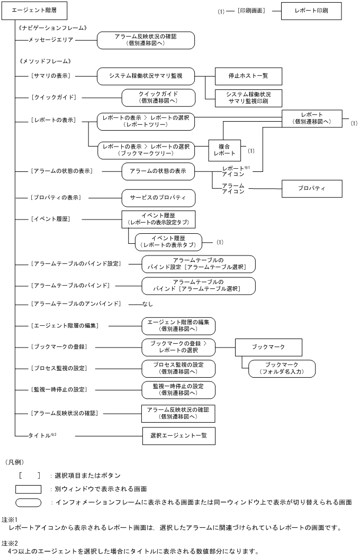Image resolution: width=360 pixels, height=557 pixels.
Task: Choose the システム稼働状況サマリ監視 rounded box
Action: pos(145,76)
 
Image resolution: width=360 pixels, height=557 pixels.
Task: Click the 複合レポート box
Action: pos(224,150)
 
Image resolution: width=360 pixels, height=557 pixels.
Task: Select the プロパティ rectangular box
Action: pos(311,188)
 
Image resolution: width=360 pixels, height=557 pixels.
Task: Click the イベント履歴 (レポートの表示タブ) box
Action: pos(168,242)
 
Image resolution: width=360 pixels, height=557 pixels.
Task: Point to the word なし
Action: pos(147,304)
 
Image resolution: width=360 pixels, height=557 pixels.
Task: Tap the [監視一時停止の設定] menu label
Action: pos(59,389)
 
